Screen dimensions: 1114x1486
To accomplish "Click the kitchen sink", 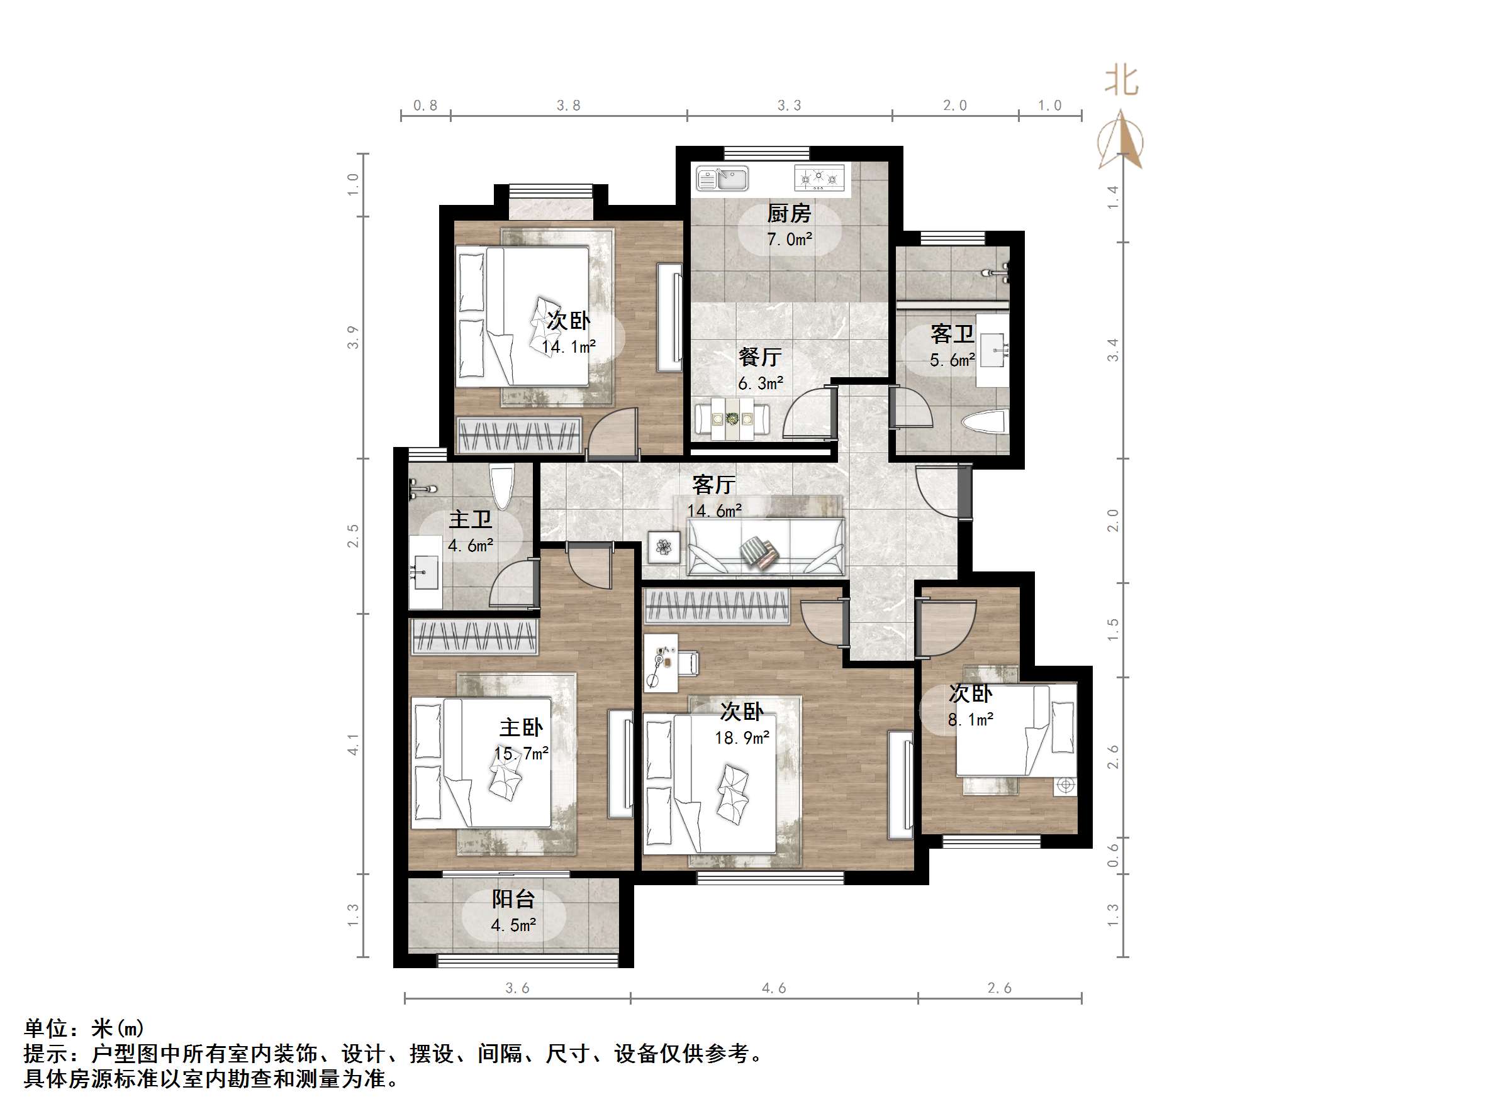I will [x=722, y=179].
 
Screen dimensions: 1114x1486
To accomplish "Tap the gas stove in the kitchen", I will [x=819, y=178].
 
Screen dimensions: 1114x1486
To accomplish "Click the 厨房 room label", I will [x=790, y=214].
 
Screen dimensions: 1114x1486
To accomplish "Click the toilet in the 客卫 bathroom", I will [x=983, y=423].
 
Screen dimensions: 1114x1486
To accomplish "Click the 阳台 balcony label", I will [x=513, y=898].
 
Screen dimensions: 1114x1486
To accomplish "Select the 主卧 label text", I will [x=521, y=727].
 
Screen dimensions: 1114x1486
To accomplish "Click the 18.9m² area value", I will [x=742, y=738].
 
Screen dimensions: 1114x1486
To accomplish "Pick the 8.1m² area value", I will [x=971, y=720].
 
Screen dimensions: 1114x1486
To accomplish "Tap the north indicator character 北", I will [x=1121, y=80].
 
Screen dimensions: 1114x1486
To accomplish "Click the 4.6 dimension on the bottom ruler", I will [x=773, y=988].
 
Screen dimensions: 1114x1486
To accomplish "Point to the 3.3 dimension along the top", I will [x=790, y=106].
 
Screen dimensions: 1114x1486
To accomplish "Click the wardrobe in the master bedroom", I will [x=474, y=636].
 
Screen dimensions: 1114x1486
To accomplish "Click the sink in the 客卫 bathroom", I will [x=993, y=350].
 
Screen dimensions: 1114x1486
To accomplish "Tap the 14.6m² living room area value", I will [x=714, y=511].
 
